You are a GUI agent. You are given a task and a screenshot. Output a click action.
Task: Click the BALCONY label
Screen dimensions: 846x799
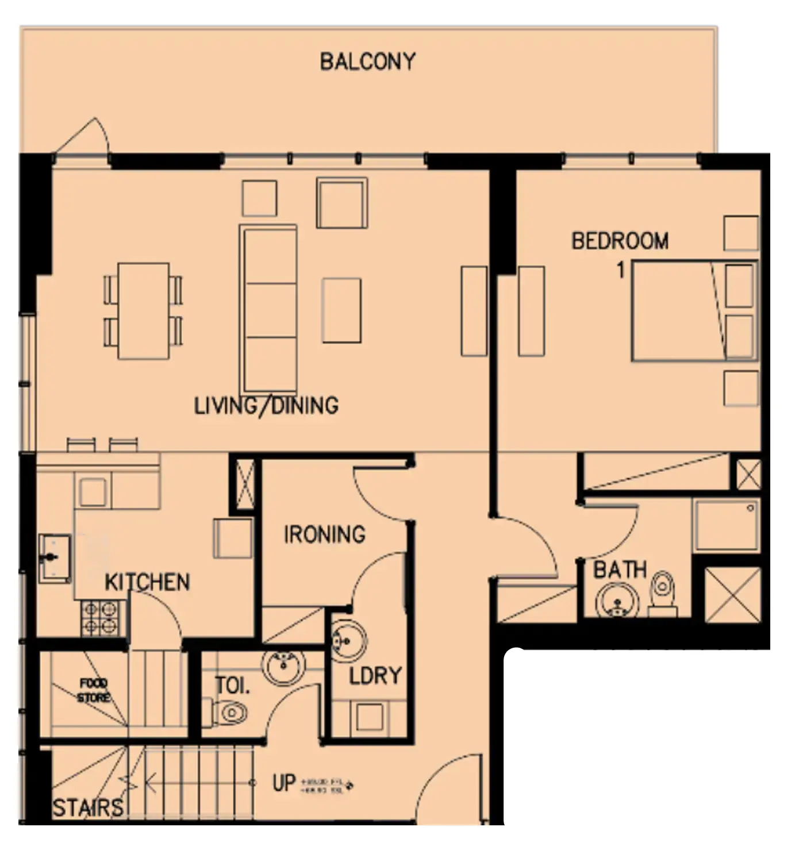pyautogui.click(x=367, y=61)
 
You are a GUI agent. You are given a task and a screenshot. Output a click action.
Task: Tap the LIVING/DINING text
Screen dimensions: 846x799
pyautogui.click(x=266, y=406)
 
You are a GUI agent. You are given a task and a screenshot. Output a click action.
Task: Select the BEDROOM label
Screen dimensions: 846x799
pyautogui.click(x=620, y=240)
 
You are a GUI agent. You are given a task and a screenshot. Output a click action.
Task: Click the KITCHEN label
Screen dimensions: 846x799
pyautogui.click(x=147, y=582)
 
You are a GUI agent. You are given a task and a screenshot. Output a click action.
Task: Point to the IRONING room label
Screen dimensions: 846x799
pyautogui.click(x=324, y=534)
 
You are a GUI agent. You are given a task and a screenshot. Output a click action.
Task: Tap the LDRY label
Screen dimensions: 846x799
pyautogui.click(x=375, y=675)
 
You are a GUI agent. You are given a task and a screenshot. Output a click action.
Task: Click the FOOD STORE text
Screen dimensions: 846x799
pyautogui.click(x=94, y=690)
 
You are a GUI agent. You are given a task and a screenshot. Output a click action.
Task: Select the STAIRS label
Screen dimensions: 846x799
pyautogui.click(x=87, y=807)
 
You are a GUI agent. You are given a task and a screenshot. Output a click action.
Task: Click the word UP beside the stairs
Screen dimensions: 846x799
pyautogui.click(x=284, y=783)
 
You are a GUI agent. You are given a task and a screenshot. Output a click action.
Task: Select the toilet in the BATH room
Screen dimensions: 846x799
pyautogui.click(x=663, y=590)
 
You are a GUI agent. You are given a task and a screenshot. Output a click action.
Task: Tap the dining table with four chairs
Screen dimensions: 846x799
pyautogui.click(x=144, y=311)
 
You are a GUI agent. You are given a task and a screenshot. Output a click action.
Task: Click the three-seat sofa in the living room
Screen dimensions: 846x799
pyautogui.click(x=268, y=309)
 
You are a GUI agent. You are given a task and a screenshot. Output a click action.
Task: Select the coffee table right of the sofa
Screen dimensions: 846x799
pyautogui.click(x=341, y=310)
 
